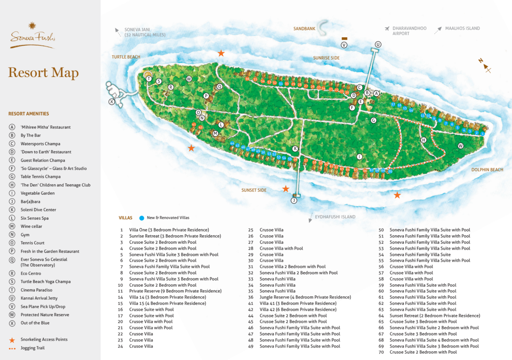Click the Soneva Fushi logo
tap(32, 35)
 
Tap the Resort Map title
tap(43, 73)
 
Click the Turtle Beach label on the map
tap(126, 57)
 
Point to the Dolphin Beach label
tap(487, 170)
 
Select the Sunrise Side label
tap(326, 58)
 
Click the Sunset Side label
tap(254, 190)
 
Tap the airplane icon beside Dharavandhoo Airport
tap(387, 28)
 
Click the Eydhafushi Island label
tap(335, 217)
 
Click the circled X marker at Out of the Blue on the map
tap(112, 102)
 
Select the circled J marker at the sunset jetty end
tap(294, 200)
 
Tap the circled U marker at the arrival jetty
tap(378, 45)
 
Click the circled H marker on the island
tap(423, 140)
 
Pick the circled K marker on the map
tap(295, 148)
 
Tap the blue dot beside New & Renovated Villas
tap(141, 217)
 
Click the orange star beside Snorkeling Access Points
tap(12, 340)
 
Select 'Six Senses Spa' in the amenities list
tap(35, 218)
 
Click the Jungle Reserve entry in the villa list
tap(305, 297)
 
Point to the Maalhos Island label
tap(462, 28)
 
